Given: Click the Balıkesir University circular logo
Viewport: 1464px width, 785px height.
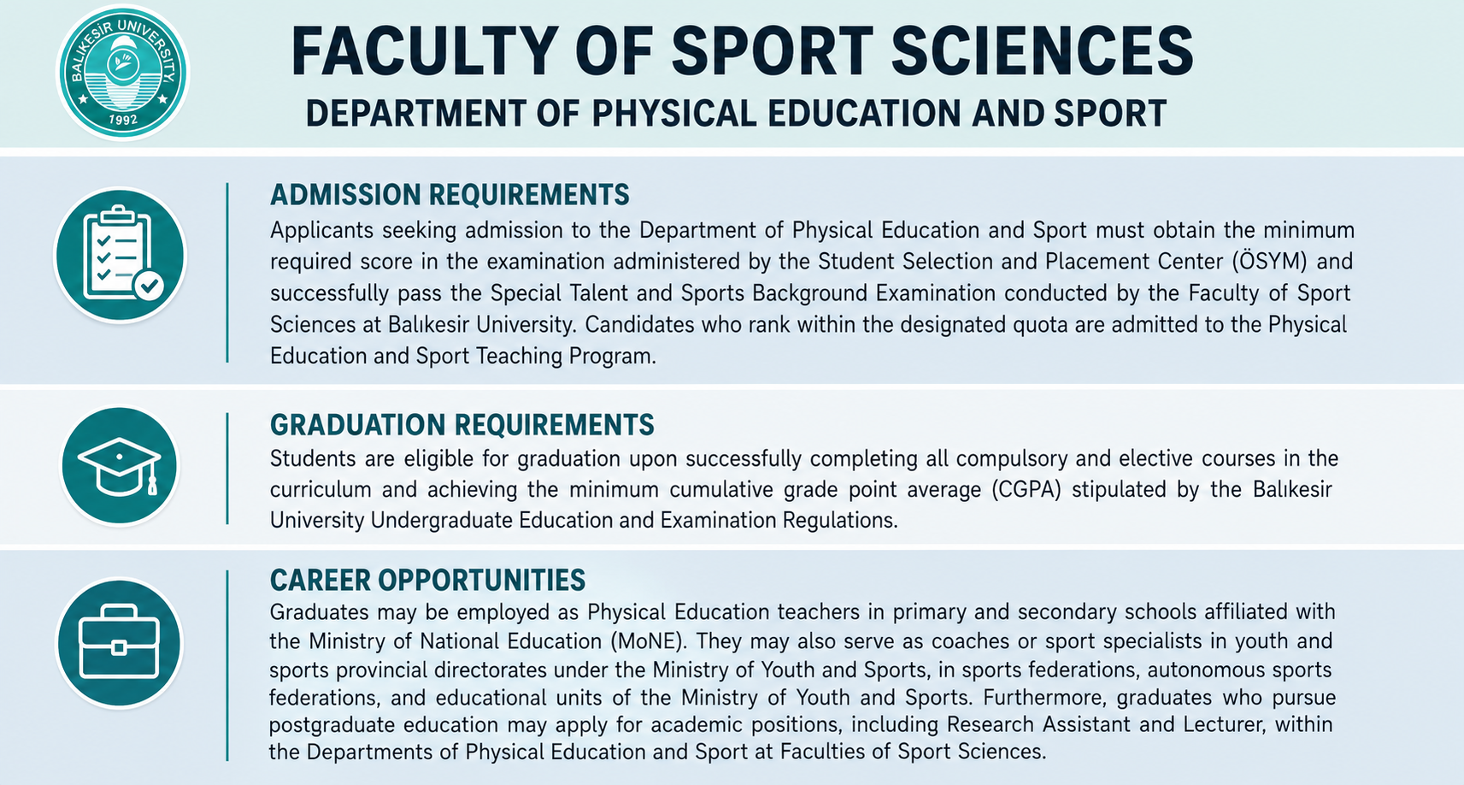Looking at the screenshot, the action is [x=122, y=73].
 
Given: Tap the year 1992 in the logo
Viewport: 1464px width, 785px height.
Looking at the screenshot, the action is [x=123, y=119].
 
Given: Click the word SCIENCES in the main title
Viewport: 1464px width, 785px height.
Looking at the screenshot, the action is [x=1043, y=51].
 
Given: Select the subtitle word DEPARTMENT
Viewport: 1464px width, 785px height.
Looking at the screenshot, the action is [x=415, y=113].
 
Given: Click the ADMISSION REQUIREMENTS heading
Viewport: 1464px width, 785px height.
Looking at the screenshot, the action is [x=450, y=195].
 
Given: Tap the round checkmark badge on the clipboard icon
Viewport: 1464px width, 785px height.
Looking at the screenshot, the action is [x=149, y=286].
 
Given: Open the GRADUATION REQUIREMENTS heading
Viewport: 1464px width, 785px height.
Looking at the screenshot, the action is [x=462, y=424].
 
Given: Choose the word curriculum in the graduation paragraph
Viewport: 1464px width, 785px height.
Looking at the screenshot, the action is [x=320, y=489].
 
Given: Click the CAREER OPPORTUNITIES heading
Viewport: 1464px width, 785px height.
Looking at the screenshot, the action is [x=427, y=581].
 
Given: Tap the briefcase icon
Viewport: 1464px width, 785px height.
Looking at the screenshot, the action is [x=119, y=642].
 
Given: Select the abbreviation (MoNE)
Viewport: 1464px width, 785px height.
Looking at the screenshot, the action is [x=649, y=641].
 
